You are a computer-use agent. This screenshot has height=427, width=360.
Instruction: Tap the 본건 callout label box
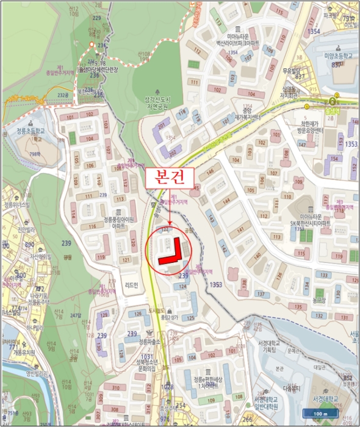(170, 176)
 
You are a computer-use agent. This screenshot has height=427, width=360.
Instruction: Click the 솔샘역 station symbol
(333, 101)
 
